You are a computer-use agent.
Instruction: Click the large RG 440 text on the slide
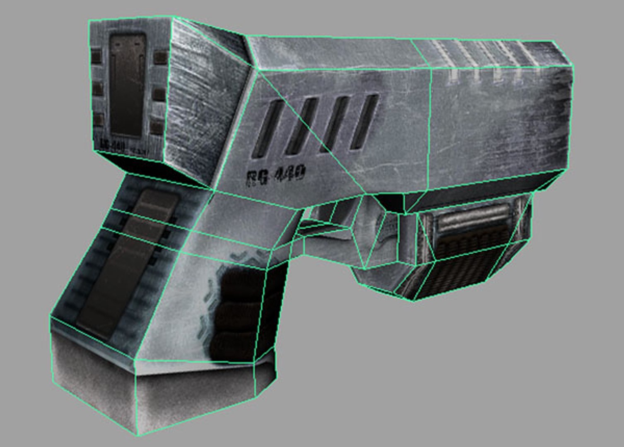276,174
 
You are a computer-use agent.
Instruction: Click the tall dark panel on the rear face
128,85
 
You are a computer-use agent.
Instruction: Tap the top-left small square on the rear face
96,55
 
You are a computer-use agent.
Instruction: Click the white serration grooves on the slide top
484,62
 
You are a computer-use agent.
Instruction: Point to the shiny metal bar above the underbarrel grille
472,217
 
